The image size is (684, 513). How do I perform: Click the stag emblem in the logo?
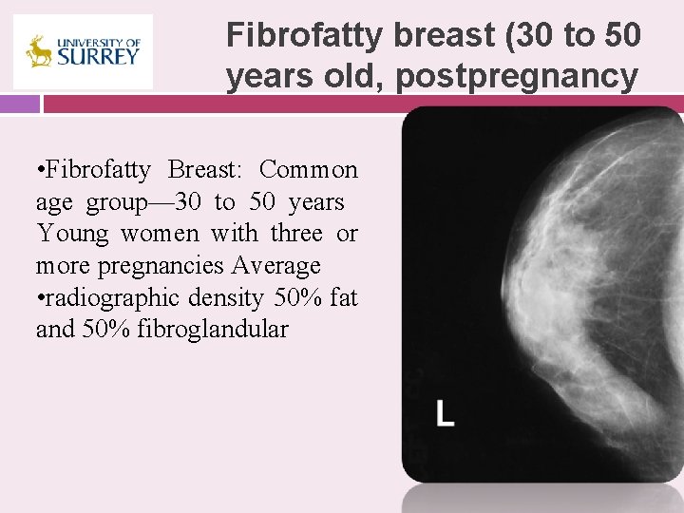(39, 51)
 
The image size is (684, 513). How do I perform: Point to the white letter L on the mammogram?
(445, 412)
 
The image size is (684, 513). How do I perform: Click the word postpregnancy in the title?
(517, 76)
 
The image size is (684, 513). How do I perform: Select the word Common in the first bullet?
(308, 170)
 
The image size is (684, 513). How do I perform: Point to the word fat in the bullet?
(342, 297)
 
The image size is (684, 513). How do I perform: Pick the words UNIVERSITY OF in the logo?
(98, 43)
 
